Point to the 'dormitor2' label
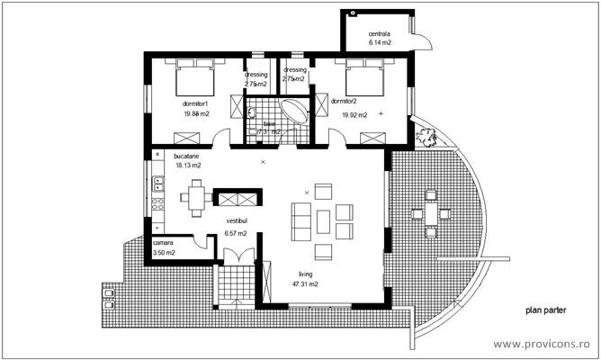pos(344,102)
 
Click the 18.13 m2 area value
pos(188,166)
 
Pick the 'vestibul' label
pos(237,220)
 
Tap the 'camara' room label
pos(163,243)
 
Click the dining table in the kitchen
pos(197,198)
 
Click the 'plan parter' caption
pos(549,309)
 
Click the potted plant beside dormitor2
pos(426,137)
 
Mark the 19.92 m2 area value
pos(355,115)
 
